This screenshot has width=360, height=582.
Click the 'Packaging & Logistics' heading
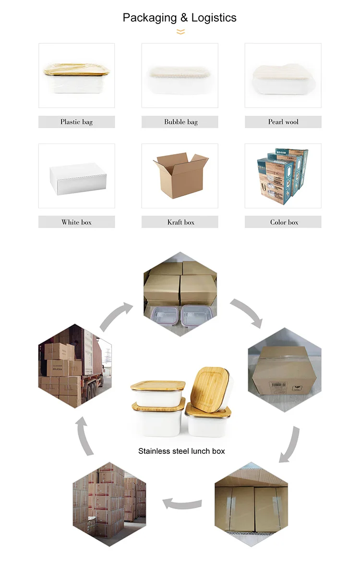[x=180, y=18]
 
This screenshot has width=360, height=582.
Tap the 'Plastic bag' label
[x=76, y=122]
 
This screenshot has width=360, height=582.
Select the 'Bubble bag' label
[x=180, y=122]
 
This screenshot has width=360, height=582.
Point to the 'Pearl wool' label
[x=283, y=122]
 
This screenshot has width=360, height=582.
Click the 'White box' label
[x=76, y=222]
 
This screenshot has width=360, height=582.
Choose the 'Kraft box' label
[x=180, y=222]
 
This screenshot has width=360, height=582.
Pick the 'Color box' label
[x=284, y=222]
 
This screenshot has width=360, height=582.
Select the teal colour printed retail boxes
[x=282, y=175]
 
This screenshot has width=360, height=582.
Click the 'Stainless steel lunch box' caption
[x=181, y=451]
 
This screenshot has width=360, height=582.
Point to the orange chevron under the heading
[x=180, y=32]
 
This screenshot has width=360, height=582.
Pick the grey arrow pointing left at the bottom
[x=182, y=503]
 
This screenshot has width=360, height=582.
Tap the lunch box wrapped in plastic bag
[x=77, y=77]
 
